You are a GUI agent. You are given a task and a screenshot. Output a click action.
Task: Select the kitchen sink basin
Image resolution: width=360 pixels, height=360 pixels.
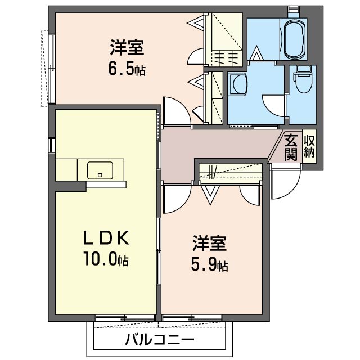100,169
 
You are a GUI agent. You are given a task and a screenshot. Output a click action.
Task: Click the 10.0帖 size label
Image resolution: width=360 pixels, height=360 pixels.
106,260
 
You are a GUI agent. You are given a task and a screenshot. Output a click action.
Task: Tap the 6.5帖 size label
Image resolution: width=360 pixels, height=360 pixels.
127,70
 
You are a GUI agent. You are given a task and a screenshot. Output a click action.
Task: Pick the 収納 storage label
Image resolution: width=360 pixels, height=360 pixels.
309,146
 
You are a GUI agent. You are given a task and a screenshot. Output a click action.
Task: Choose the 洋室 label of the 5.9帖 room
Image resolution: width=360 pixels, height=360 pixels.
209,244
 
